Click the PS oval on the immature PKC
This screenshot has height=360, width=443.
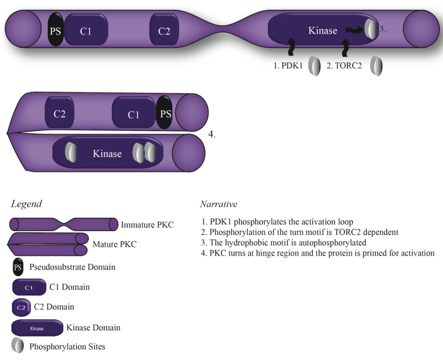coord(55,30)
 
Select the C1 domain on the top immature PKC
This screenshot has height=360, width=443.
coord(86,30)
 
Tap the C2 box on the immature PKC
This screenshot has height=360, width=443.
coord(164,30)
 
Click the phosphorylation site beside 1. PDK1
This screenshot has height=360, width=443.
coord(315,67)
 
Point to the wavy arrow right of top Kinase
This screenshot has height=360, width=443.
coord(355,30)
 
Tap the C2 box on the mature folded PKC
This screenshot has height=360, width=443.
coord(60,113)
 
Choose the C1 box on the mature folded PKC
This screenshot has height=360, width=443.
coord(133,113)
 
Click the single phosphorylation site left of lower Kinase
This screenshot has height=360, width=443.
coord(71,153)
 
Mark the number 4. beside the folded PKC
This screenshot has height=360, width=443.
coord(212,134)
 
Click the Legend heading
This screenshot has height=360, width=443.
coord(26,204)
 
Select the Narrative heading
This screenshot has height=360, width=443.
coord(218,204)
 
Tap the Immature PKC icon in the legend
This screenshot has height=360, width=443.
coord(64,225)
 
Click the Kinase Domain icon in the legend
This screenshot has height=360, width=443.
coord(37,328)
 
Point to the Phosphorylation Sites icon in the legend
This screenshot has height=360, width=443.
coord(18,346)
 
